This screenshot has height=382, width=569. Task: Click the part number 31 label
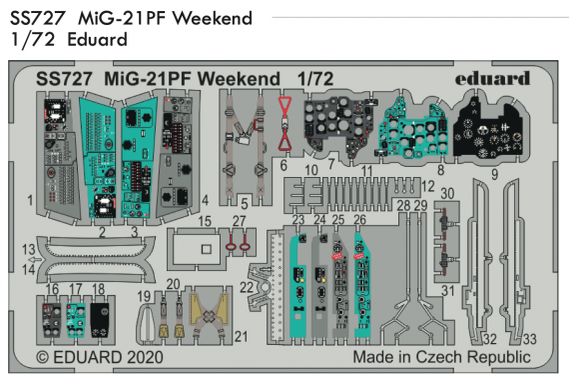point(447,290)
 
